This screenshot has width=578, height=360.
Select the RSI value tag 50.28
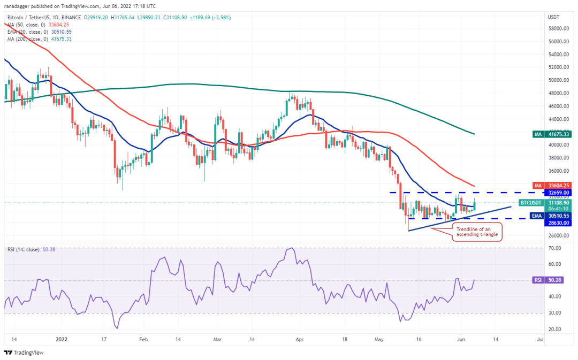click(x=557, y=280)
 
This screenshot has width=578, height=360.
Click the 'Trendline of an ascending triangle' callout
click(x=477, y=233)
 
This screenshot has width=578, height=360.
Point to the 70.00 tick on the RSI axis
click(x=554, y=249)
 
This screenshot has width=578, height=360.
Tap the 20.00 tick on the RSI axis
click(x=554, y=330)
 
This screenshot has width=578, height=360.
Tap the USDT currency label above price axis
click(x=553, y=17)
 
